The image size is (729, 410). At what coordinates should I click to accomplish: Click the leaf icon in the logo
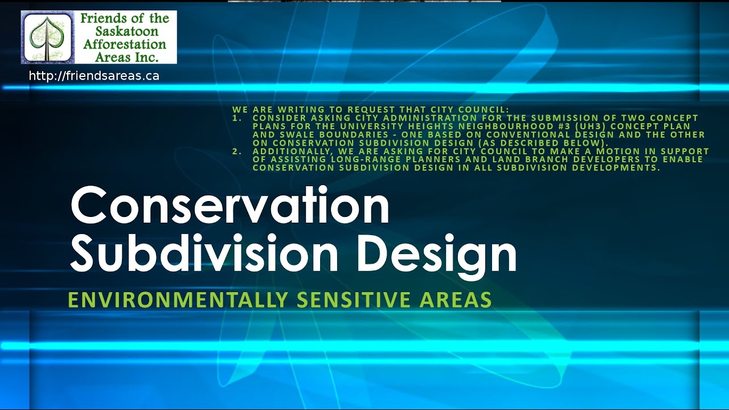pyautogui.click(x=47, y=38)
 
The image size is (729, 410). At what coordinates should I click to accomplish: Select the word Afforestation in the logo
pyautogui.click(x=125, y=44)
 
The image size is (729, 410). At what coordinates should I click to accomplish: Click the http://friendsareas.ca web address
pyautogui.click(x=94, y=76)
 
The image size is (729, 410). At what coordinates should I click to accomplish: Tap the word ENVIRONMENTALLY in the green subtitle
pyautogui.click(x=177, y=300)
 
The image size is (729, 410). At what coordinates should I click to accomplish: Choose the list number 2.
pyautogui.click(x=236, y=151)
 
